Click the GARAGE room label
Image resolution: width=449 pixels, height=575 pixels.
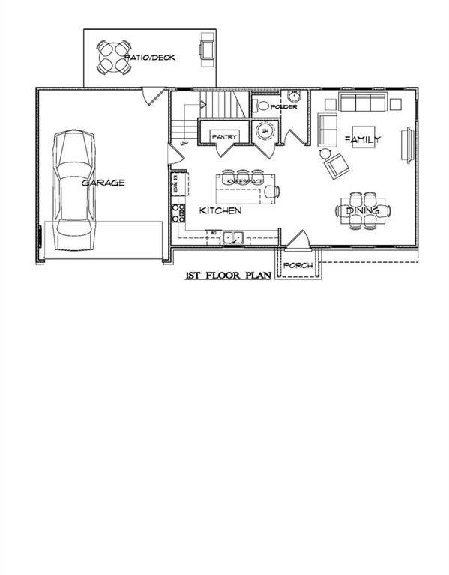(x=103, y=182)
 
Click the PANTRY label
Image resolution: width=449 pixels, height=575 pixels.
(x=225, y=137)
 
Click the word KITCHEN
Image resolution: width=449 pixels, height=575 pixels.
(x=220, y=212)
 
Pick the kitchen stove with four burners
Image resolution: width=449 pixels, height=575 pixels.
(x=179, y=213)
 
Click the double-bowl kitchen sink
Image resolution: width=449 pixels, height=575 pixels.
(x=232, y=237)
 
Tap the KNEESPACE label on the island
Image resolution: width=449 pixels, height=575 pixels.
(x=245, y=182)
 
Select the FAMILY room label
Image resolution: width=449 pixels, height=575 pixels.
(x=363, y=140)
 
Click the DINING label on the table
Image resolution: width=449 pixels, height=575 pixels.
(x=363, y=211)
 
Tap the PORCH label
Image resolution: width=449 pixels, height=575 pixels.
(x=297, y=264)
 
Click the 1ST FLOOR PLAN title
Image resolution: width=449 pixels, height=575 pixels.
(x=227, y=276)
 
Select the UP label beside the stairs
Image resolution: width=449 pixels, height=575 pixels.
(x=183, y=143)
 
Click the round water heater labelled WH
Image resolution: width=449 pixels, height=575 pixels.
(x=264, y=130)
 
